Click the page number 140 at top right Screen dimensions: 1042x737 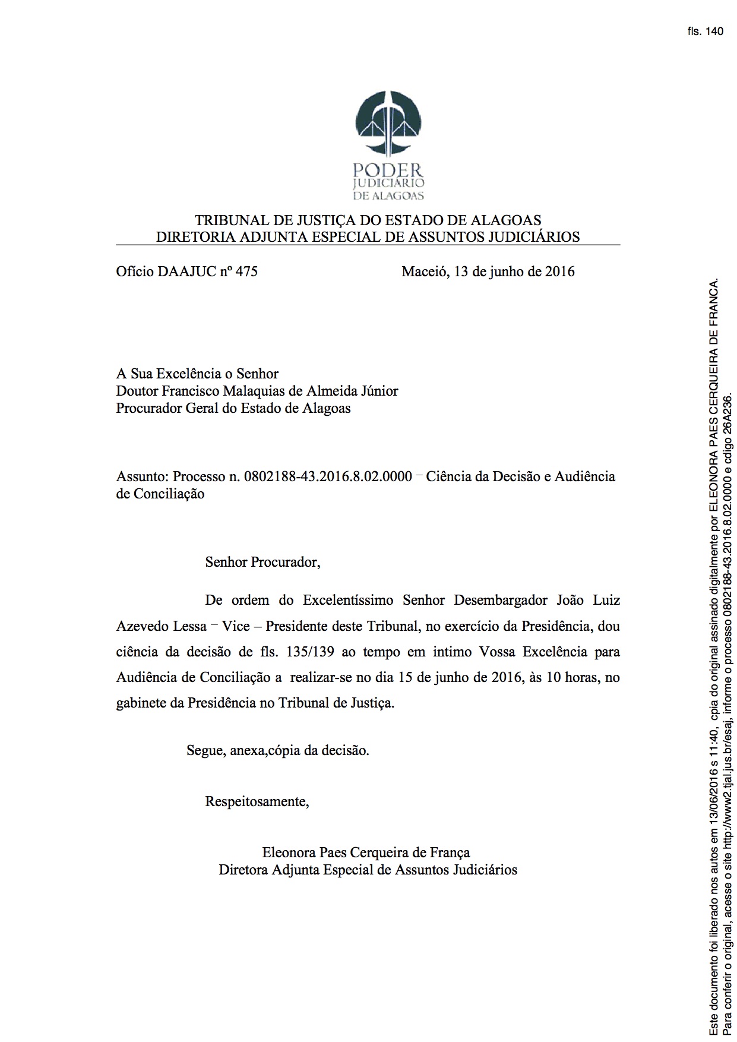(x=715, y=31)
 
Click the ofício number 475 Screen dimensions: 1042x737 (x=246, y=272)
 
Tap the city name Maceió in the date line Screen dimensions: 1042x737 (x=424, y=272)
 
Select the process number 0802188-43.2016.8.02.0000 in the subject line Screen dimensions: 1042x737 (x=328, y=476)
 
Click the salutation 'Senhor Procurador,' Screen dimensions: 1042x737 (x=262, y=562)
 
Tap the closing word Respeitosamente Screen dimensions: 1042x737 (x=257, y=801)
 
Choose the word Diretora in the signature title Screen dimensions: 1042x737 (x=243, y=870)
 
